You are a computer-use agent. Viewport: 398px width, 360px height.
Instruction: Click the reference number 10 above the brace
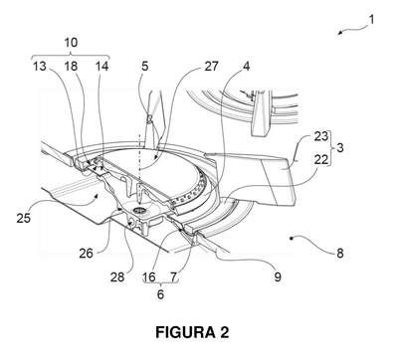pyautogui.click(x=71, y=42)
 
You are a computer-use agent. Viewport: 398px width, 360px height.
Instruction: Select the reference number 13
pyautogui.click(x=40, y=66)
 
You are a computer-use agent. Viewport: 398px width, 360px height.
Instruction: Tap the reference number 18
pyautogui.click(x=71, y=66)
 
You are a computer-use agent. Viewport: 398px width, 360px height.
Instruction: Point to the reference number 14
pyautogui.click(x=101, y=66)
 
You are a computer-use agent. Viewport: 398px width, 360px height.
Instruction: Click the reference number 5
pyautogui.click(x=145, y=66)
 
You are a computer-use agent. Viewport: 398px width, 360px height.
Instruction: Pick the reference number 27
pyautogui.click(x=211, y=66)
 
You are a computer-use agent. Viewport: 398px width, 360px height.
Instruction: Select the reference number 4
pyautogui.click(x=246, y=66)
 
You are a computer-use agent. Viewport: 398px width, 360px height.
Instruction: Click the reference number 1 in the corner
pyautogui.click(x=371, y=20)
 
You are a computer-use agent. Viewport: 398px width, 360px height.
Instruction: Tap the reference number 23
pyautogui.click(x=321, y=136)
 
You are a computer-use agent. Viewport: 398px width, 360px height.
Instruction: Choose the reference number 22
pyautogui.click(x=321, y=159)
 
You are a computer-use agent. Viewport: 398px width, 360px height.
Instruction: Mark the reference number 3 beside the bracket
pyautogui.click(x=340, y=147)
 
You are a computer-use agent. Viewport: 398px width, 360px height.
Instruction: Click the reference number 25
pyautogui.click(x=24, y=218)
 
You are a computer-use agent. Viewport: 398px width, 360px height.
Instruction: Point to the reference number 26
pyautogui.click(x=86, y=254)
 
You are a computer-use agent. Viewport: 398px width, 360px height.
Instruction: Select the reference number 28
pyautogui.click(x=117, y=276)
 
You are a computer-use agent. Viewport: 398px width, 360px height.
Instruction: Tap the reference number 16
pyautogui.click(x=149, y=276)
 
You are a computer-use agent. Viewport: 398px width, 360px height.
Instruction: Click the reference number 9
pyautogui.click(x=278, y=276)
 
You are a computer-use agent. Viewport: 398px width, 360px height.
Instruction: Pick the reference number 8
pyautogui.click(x=340, y=254)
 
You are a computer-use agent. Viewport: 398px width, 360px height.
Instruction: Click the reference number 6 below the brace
pyautogui.click(x=160, y=294)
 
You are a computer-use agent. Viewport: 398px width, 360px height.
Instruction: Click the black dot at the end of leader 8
pyautogui.click(x=292, y=238)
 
